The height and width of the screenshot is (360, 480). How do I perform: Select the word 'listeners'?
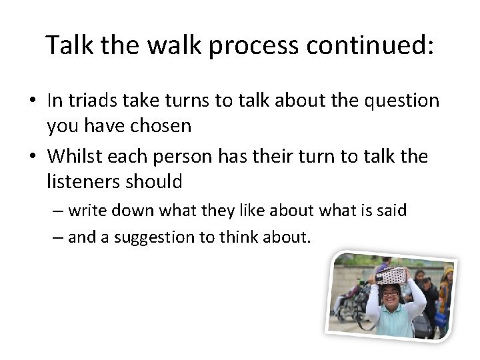[79, 181]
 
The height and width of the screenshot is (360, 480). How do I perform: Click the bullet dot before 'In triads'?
[32, 101]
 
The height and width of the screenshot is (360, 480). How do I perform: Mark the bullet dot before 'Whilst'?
[32, 157]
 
